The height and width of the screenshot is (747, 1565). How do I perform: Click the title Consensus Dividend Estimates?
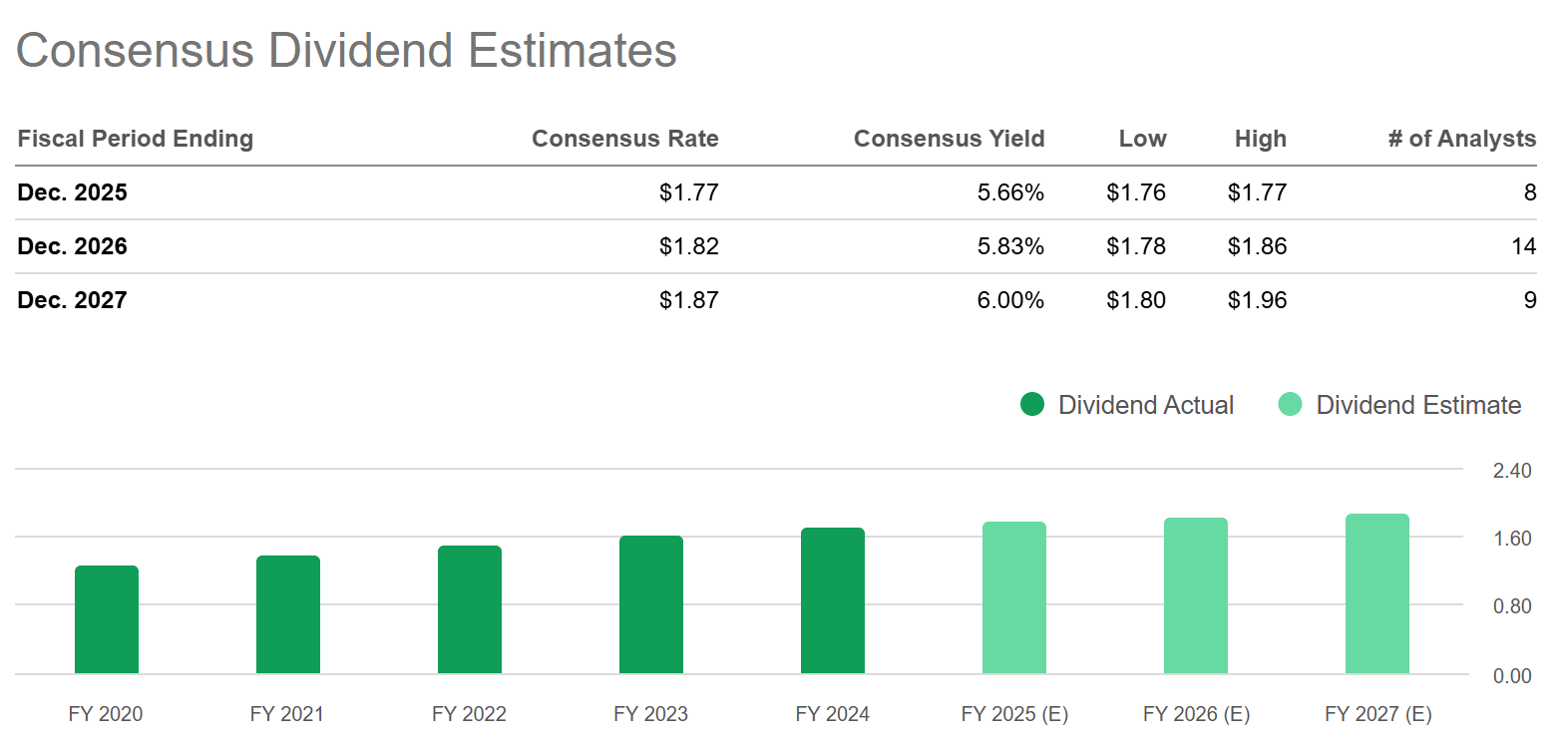[346, 51]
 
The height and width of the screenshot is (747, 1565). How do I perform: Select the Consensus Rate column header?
[624, 139]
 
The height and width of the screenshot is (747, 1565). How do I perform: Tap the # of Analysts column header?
[1461, 139]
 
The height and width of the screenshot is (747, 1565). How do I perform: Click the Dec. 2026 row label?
[73, 246]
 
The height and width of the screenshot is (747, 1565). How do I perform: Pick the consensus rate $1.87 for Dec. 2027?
[688, 300]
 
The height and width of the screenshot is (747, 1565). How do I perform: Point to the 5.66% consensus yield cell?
[1010, 192]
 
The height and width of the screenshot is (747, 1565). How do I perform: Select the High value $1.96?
[1257, 300]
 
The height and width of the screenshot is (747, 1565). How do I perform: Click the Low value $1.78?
[1135, 246]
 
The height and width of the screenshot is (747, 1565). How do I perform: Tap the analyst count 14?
[1523, 246]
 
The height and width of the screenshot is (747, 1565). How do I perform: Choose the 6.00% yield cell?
[1010, 300]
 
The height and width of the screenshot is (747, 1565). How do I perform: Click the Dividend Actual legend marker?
[1032, 404]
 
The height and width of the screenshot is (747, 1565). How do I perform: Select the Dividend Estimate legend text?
[1417, 405]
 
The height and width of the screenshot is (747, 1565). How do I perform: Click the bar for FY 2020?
[107, 619]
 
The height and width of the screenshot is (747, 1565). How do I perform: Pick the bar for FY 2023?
[651, 604]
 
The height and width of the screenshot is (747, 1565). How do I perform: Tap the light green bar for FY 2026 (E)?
[1196, 595]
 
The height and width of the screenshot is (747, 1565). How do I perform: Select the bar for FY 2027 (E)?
[1377, 593]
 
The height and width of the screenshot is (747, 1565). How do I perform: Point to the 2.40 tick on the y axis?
[1511, 471]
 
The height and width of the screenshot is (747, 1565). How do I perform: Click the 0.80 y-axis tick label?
[1511, 606]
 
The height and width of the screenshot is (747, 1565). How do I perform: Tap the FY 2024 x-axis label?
[832, 714]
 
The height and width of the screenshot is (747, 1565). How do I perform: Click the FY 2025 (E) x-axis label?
[1014, 714]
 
